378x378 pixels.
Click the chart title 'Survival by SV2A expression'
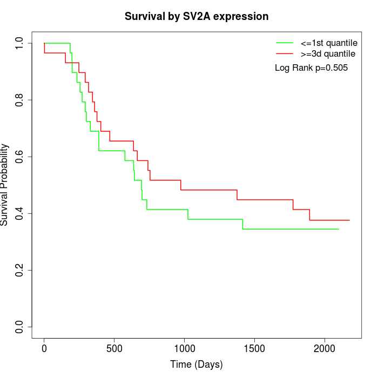(x=197, y=17)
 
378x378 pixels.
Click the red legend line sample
(x=284, y=54)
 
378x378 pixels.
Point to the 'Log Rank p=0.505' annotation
(x=311, y=68)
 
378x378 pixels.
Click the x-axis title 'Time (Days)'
(x=197, y=364)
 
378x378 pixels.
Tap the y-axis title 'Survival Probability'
(x=5, y=185)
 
